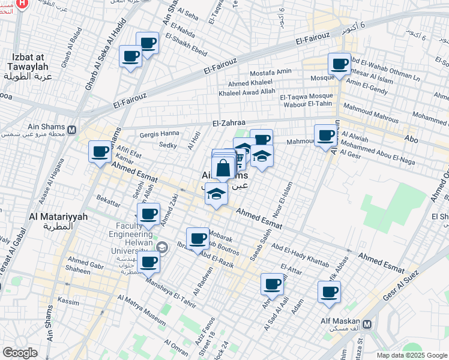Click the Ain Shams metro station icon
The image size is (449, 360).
pos(72,130)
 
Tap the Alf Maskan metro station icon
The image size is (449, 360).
pos(367,324)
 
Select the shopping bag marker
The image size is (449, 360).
pos(223,169)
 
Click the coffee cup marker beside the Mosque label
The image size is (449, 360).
pos(339,64)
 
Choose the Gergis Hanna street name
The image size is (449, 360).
pos(159,133)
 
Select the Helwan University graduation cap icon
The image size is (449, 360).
pos(161,247)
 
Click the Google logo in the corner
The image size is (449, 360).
pos(20,353)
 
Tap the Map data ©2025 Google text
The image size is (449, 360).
pos(411,355)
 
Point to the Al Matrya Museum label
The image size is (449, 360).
pos(142,310)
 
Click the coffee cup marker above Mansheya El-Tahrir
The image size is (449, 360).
pos(148,262)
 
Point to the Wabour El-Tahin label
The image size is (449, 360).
pos(307,104)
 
